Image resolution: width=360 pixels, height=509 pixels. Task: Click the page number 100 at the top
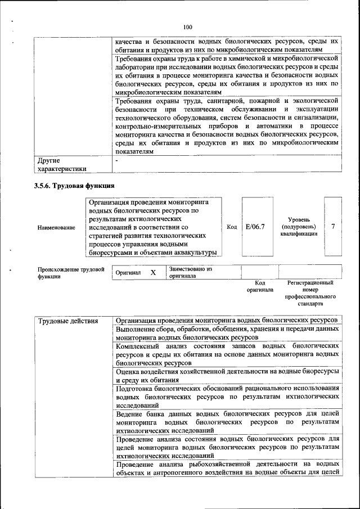187,26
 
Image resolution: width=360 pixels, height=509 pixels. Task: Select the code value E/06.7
255,226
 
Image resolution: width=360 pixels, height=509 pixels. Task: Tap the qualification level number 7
333,226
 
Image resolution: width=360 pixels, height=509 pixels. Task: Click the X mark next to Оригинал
152,272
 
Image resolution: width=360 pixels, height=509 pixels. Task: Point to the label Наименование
56,227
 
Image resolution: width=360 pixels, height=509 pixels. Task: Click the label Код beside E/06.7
231,227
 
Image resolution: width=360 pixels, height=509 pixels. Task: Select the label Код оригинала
259,286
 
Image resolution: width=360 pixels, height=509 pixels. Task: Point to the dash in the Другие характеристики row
116,160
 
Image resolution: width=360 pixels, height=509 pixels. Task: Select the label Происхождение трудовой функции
71,273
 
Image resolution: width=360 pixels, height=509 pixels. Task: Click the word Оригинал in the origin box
128,273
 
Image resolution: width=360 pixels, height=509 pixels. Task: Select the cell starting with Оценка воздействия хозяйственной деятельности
227,376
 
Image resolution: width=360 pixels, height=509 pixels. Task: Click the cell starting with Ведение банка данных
227,422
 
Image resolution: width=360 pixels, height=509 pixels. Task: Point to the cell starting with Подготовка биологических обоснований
227,396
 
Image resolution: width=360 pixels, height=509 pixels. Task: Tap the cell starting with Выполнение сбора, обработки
227,333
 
